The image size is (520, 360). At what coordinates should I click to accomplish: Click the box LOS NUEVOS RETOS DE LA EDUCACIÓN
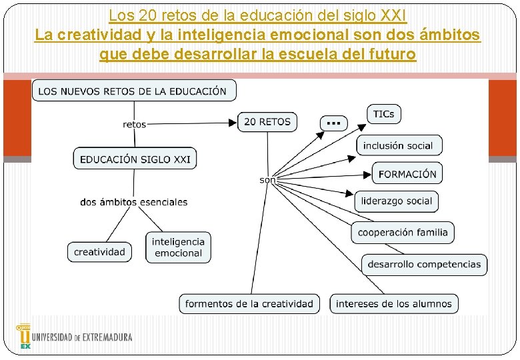point(133,91)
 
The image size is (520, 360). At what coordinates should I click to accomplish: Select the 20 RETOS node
point(267,122)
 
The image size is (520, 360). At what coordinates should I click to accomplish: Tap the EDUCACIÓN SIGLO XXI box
point(135,159)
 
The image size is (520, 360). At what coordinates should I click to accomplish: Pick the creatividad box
point(99,252)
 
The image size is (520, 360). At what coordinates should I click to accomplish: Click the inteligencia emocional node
point(178,247)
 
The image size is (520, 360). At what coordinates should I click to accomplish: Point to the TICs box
point(383,114)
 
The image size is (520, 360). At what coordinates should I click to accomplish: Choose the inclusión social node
point(399,145)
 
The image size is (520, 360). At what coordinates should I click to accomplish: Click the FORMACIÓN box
point(407,174)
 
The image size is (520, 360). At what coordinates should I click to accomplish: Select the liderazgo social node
point(397,201)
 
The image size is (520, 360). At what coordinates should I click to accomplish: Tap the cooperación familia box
point(403,232)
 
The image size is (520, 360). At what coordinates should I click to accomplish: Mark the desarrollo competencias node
point(424,264)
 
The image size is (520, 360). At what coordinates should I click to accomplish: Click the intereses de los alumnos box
point(394,303)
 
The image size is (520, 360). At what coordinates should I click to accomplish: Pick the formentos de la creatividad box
point(249,303)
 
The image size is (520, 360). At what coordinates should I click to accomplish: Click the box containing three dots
point(334,122)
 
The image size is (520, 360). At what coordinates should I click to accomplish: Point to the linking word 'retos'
point(135,124)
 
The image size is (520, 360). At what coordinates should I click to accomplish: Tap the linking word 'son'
point(267,180)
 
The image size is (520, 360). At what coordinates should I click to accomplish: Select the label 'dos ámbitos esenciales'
point(134,201)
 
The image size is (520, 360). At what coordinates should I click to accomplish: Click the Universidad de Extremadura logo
point(74,337)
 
